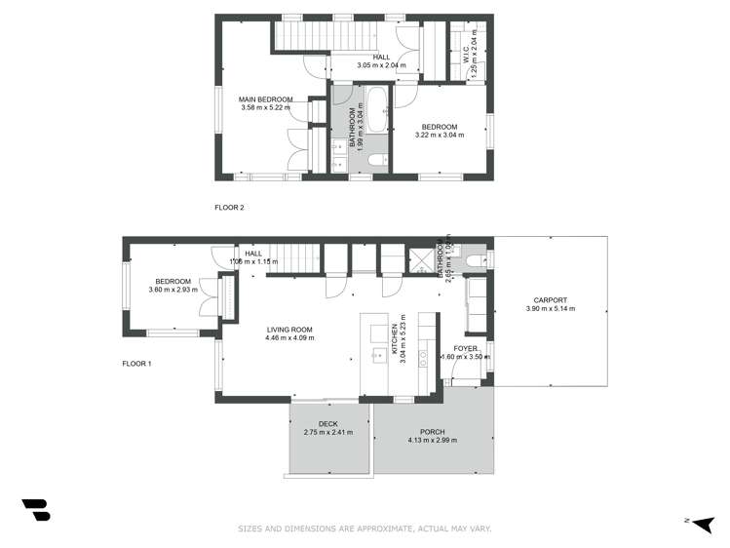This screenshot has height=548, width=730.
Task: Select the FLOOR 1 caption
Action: [138, 364]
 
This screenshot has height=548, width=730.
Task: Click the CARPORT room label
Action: [550, 300]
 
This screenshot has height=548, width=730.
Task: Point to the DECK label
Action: [327, 423]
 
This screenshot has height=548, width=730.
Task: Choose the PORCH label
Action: [432, 432]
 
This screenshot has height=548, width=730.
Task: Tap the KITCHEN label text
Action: [395, 338]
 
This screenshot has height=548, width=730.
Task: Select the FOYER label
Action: [465, 347]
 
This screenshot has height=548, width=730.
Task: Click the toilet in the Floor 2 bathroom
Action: [383, 161]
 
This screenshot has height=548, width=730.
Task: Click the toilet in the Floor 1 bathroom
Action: [474, 260]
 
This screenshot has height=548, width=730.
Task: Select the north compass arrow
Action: [705, 524]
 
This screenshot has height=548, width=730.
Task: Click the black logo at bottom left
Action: [35, 511]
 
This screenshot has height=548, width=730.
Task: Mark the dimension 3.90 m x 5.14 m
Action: [550, 309]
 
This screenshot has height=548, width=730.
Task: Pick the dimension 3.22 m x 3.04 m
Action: [440, 136]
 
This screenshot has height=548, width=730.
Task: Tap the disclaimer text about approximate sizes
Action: [365, 529]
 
